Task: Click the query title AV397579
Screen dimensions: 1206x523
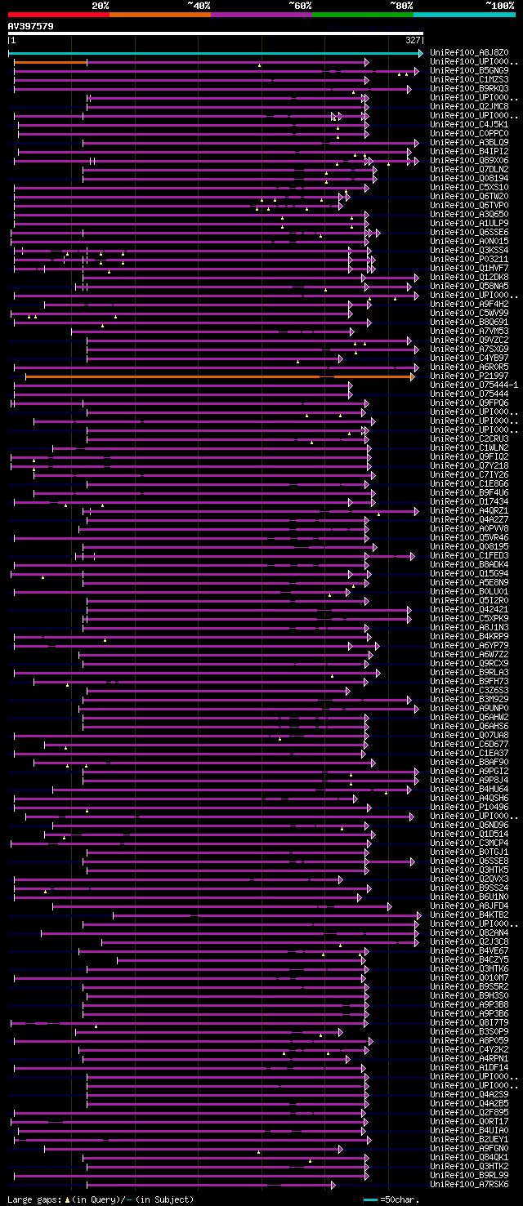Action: click(x=31, y=25)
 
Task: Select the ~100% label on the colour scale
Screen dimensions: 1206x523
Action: click(x=500, y=5)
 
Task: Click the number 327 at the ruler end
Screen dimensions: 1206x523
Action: click(x=413, y=40)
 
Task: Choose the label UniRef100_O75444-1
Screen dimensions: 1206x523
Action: click(x=474, y=385)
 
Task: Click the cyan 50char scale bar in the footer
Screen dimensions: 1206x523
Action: click(x=370, y=1199)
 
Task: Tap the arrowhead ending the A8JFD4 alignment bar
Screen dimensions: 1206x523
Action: click(x=389, y=906)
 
